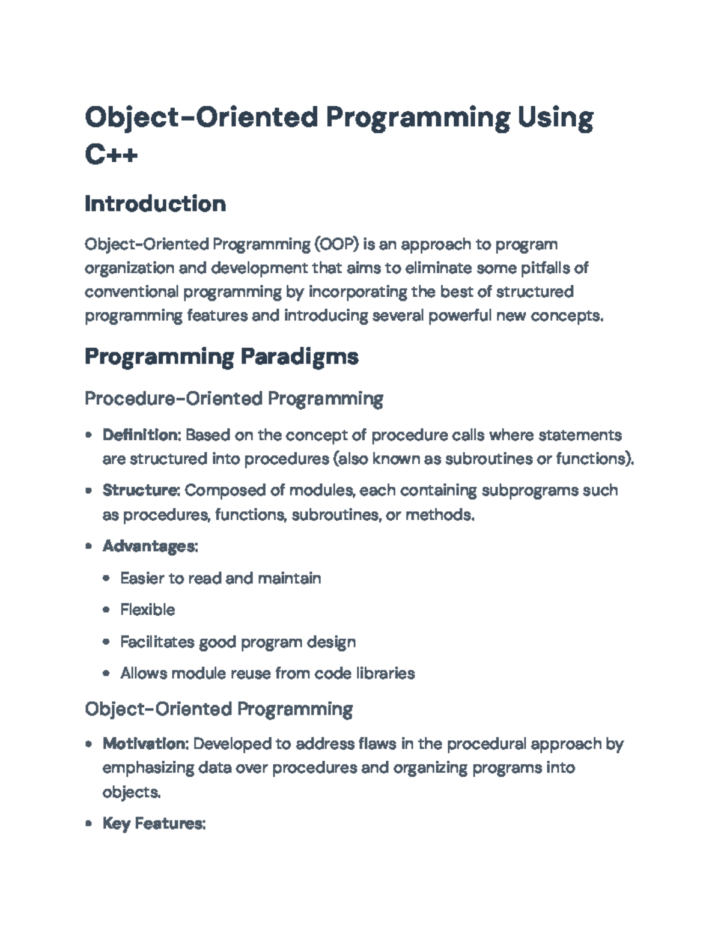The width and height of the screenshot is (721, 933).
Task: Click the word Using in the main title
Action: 555,118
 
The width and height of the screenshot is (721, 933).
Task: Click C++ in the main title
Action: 111,154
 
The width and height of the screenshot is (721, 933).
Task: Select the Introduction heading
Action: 155,204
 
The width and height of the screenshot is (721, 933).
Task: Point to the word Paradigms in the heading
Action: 299,357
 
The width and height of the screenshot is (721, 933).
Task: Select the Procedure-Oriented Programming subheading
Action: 234,399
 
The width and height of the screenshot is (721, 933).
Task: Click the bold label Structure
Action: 140,490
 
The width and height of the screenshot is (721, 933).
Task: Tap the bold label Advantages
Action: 148,547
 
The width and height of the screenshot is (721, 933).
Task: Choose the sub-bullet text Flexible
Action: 148,610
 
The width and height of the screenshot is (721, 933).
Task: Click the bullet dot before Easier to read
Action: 106,579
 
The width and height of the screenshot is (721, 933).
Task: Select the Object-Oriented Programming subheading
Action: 219,709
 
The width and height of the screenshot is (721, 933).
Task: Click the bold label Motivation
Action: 144,744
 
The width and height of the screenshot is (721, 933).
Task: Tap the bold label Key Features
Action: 153,824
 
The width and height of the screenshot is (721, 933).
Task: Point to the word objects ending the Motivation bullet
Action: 130,792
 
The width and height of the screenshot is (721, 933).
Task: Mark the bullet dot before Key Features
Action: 89,824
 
